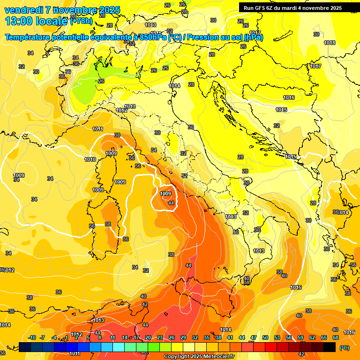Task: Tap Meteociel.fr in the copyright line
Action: click(217, 357)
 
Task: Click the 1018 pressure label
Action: click(330, 43)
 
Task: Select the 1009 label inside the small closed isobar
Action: click(165, 194)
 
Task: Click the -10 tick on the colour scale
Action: click(32, 338)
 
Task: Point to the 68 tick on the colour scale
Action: click(336, 338)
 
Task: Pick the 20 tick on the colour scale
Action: click(148, 338)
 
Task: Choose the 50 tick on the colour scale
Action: click(265, 338)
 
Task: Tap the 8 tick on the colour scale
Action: click(100, 338)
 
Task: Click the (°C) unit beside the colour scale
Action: click(345, 348)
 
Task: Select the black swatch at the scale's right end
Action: click(330, 347)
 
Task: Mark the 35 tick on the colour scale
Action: click(207, 338)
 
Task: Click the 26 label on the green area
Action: click(101, 81)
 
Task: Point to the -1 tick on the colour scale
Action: click(66, 338)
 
